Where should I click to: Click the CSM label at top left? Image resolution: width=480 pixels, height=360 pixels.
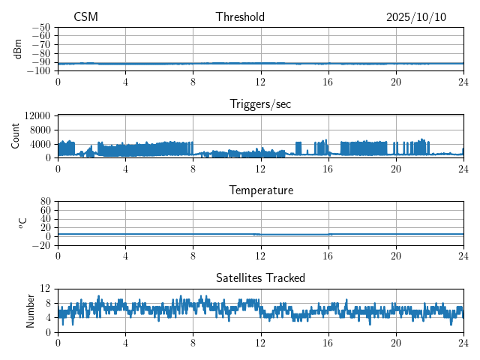[x=85, y=17]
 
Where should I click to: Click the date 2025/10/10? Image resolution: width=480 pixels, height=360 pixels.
[x=416, y=17]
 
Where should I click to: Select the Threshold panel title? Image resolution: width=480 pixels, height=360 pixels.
[x=240, y=17]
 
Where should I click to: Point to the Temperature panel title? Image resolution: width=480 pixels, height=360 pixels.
[x=260, y=191]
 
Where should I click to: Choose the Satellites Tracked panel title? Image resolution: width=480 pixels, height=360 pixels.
[x=260, y=278]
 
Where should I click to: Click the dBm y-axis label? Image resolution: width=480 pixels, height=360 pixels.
[x=18, y=49]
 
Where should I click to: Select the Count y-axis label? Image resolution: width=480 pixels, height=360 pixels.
[x=15, y=136]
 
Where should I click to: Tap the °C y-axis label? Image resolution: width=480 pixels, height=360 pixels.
[x=22, y=223]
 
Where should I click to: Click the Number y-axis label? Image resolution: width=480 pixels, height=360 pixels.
[x=30, y=310]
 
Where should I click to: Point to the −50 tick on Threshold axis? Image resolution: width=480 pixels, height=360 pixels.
[x=41, y=27]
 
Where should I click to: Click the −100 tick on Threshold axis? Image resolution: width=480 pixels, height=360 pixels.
[x=39, y=70]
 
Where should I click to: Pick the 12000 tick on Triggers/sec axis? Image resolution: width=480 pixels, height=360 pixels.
[x=37, y=115]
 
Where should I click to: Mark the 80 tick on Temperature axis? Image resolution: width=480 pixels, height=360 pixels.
[x=46, y=201]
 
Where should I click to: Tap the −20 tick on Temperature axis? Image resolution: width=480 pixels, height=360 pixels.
[x=41, y=245]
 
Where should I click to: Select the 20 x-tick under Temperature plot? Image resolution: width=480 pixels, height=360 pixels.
[x=396, y=256]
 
